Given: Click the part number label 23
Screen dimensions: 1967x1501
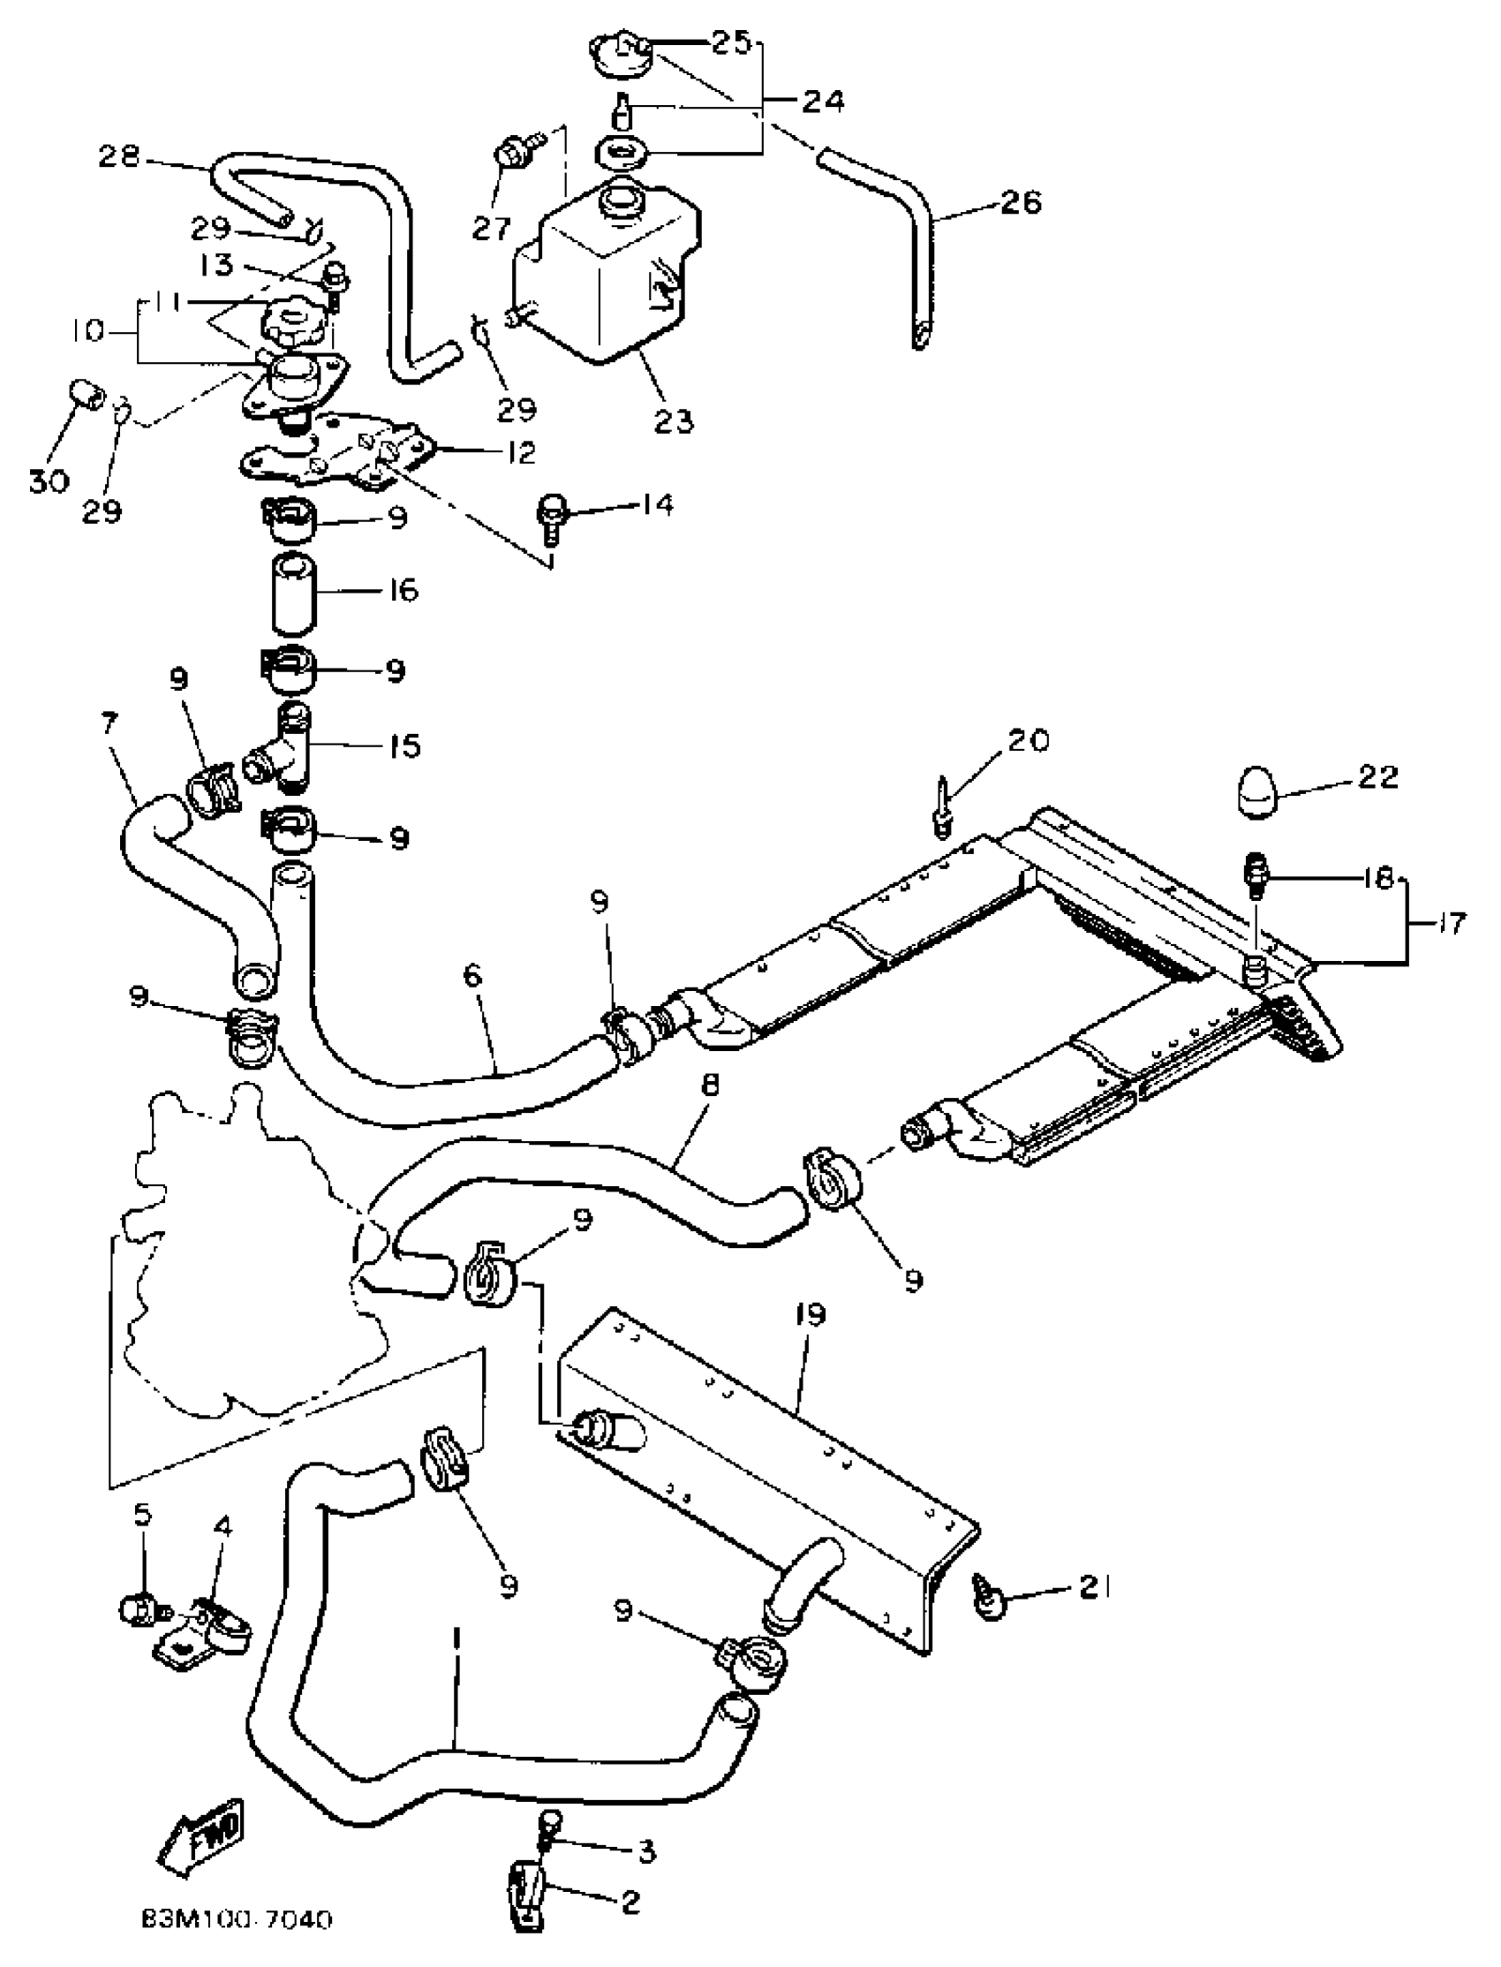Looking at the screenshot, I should tap(674, 420).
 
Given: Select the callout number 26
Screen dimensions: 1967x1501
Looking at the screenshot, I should tap(1022, 202).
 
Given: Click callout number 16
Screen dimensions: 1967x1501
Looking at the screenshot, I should tap(404, 590).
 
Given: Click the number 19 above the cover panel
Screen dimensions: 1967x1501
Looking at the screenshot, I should tap(810, 1314).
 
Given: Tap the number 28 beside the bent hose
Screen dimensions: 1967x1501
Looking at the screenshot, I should tap(120, 157).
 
